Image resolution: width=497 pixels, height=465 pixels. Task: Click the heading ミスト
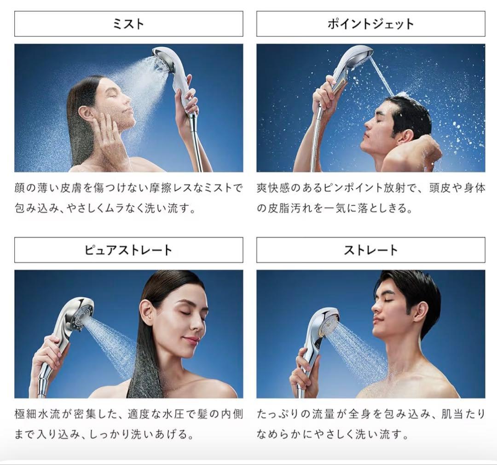click(x=128, y=24)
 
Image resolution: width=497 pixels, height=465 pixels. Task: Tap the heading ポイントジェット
click(x=370, y=24)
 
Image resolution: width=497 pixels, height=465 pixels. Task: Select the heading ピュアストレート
click(x=128, y=250)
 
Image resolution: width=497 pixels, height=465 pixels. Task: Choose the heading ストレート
click(x=370, y=250)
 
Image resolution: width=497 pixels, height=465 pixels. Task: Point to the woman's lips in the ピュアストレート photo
click(x=191, y=340)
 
